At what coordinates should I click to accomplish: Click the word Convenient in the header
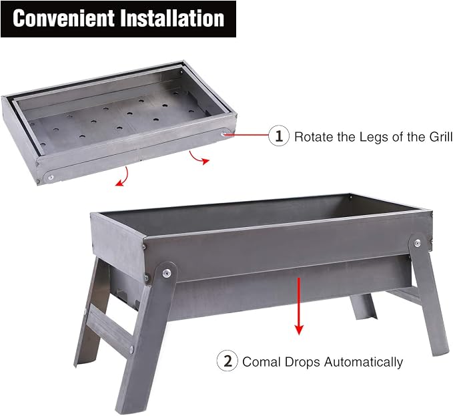63,18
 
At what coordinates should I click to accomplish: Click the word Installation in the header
172,18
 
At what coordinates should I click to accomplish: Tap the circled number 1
279,136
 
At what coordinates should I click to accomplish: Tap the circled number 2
228,361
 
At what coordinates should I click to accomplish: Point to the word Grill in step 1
440,137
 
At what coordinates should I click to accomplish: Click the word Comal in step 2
263,362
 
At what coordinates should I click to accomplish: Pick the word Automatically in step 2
364,363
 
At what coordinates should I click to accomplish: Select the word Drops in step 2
303,363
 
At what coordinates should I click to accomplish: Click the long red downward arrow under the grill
299,306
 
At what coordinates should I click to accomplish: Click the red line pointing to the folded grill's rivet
246,134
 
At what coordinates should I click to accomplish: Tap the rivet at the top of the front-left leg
166,273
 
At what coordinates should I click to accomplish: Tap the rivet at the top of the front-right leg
417,243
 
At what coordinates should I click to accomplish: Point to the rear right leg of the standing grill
363,307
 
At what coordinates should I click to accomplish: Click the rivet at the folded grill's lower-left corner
51,177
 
